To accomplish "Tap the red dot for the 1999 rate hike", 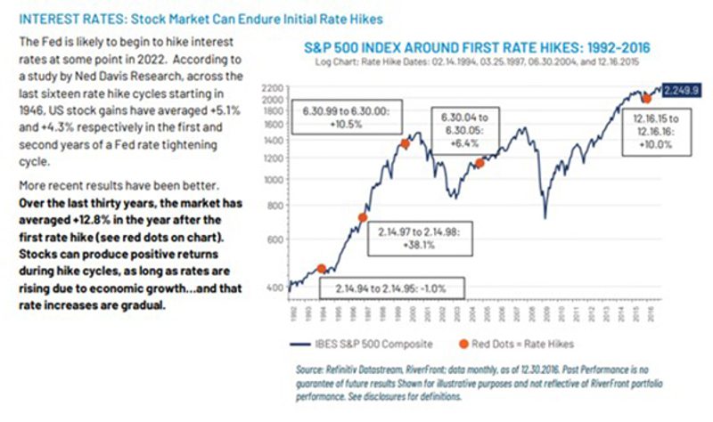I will click(404, 143).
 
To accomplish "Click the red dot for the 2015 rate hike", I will click(646, 99).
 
